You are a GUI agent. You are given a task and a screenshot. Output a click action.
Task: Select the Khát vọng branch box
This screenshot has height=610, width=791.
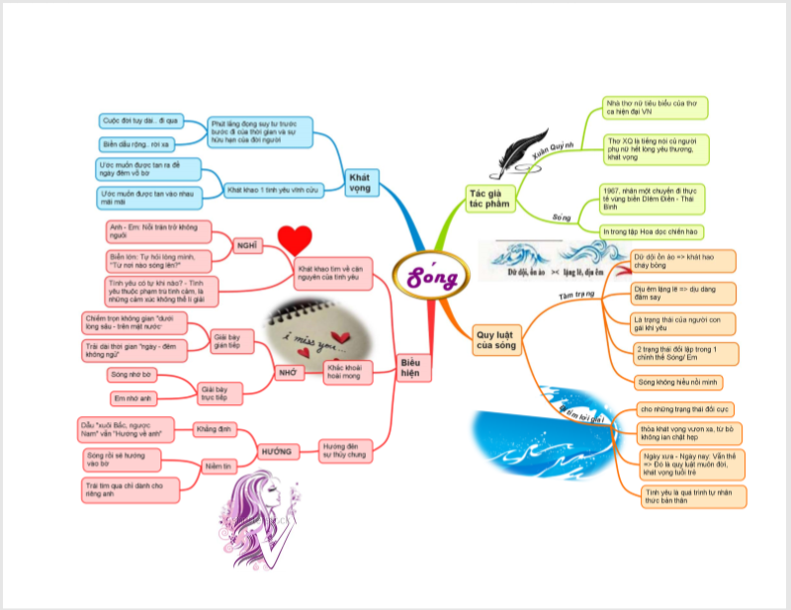(x=359, y=182)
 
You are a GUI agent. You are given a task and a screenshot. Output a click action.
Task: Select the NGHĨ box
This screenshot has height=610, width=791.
(x=247, y=244)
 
